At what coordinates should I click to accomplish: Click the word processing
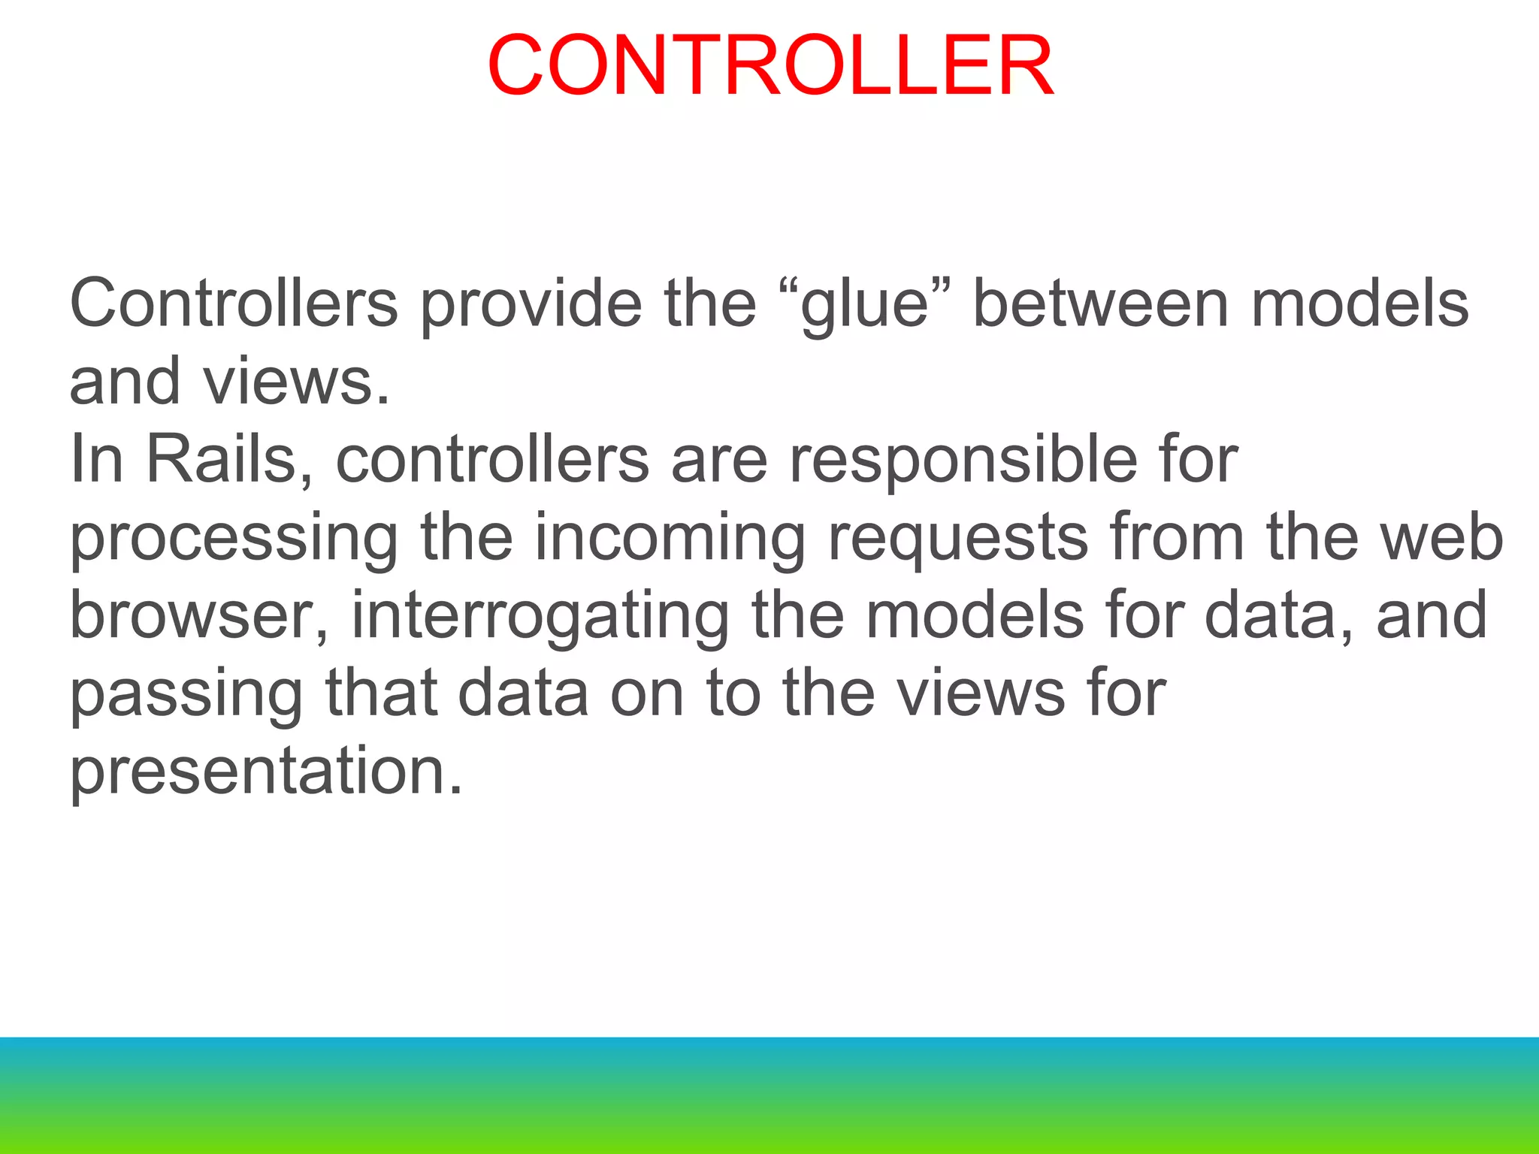234,539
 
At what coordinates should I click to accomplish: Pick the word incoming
670,539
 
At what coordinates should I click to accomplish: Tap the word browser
199,615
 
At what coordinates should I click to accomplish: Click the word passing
186,696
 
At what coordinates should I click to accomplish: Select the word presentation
266,773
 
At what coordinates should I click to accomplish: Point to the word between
1101,304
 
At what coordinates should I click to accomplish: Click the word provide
531,304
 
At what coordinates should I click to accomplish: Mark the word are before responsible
719,461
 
